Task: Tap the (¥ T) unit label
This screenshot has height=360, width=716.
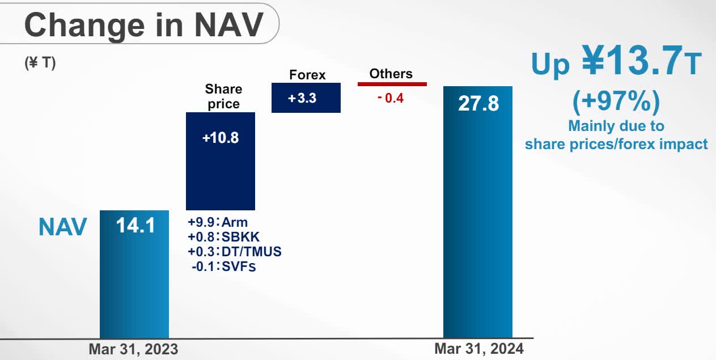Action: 40,63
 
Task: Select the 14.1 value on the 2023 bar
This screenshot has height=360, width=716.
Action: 135,226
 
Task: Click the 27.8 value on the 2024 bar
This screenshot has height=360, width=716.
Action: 478,104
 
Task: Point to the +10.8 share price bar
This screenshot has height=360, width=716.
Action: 221,161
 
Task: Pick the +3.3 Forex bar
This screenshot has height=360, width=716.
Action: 306,98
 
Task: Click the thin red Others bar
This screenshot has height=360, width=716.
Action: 392,84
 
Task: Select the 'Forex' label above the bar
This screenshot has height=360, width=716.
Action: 307,75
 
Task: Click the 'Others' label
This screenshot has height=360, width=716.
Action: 391,74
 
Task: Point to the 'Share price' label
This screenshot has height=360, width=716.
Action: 223,96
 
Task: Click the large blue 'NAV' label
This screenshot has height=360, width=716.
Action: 63,227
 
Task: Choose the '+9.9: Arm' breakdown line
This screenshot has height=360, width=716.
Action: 218,222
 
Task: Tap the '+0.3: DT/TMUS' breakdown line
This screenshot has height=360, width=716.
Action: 234,251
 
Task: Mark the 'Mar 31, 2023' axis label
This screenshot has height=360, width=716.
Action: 133,349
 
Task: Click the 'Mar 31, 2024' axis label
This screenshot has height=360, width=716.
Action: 479,349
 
